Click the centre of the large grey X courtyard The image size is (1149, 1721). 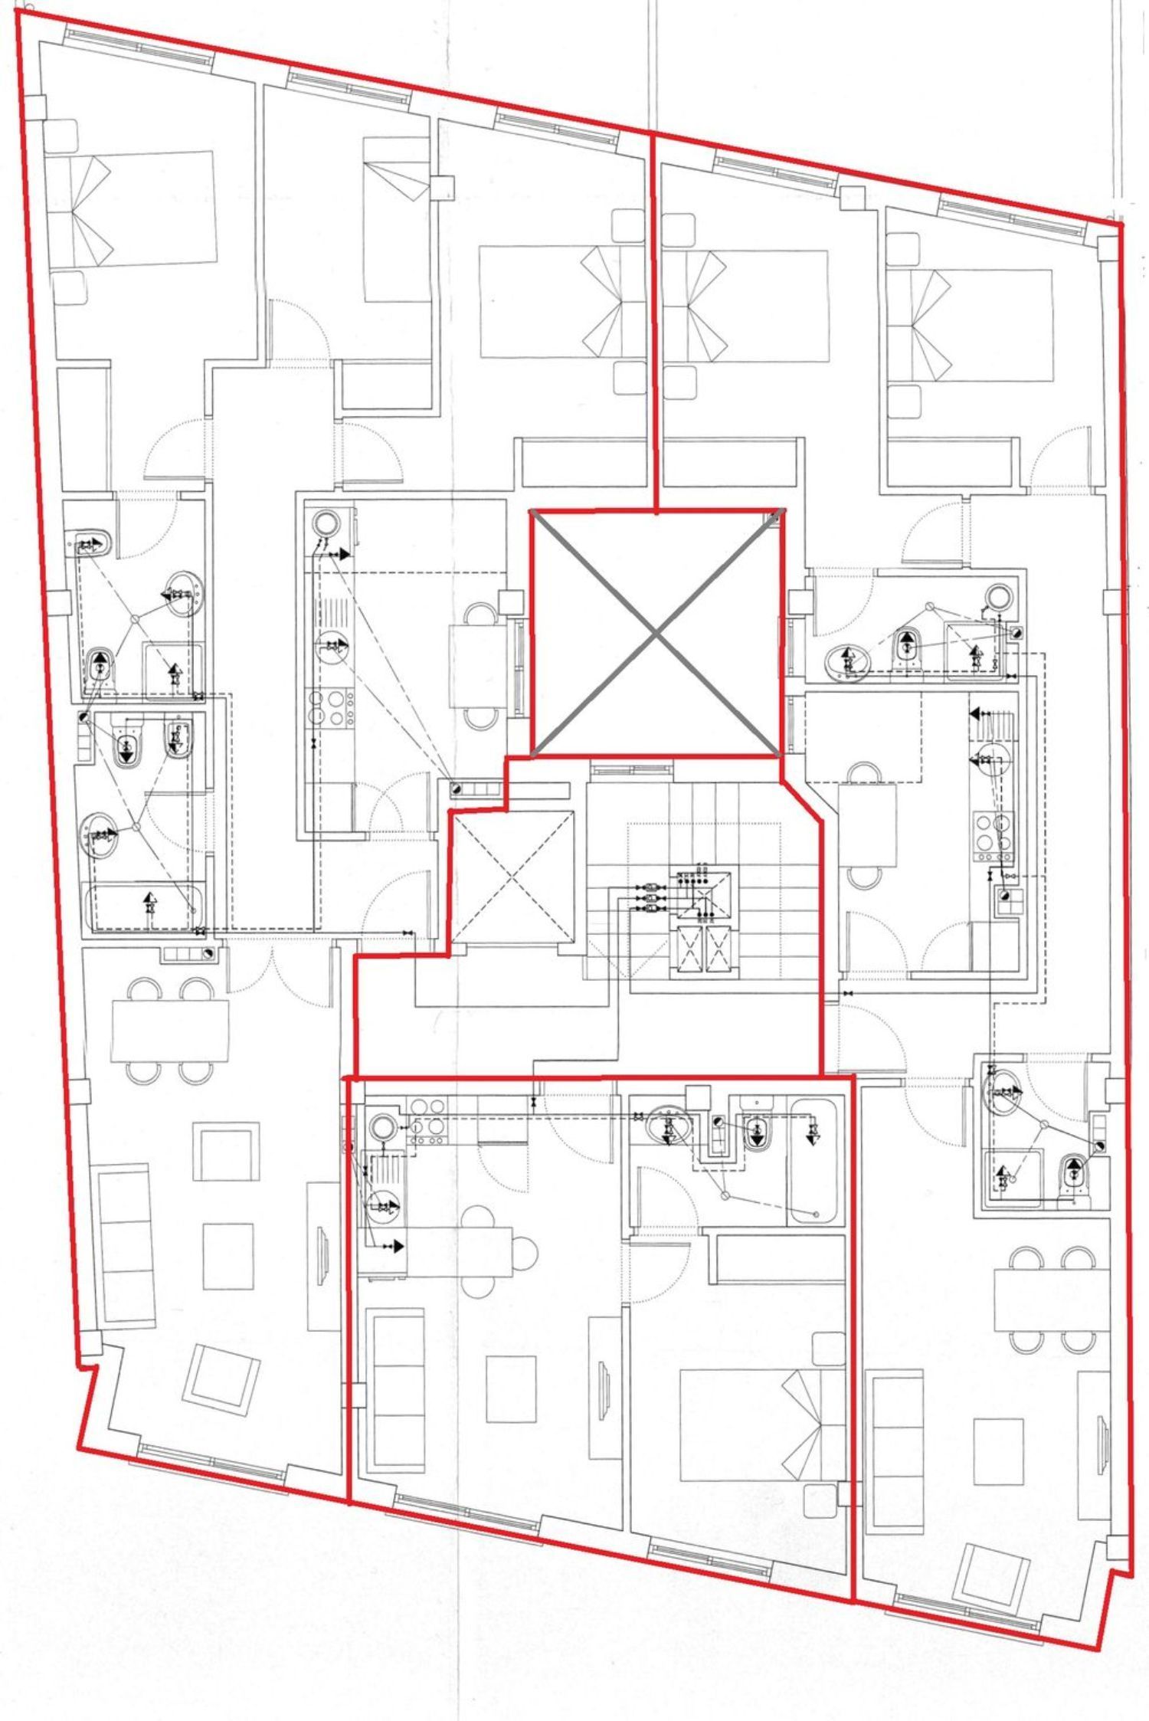point(657,633)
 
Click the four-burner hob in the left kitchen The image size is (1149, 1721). point(330,708)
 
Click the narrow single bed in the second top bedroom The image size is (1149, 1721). point(394,220)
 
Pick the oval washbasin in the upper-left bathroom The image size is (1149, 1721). point(182,592)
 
